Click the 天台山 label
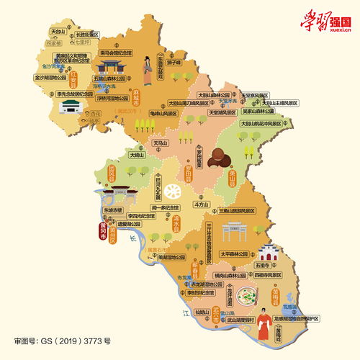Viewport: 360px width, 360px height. point(58,32)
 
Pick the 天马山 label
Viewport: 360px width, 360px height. point(159,144)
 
